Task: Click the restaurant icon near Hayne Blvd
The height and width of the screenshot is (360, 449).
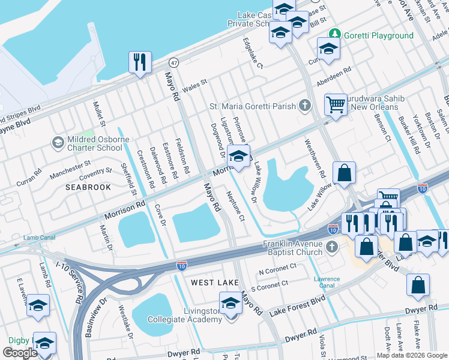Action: pos(139,62)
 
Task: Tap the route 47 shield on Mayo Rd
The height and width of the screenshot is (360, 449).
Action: pos(173,62)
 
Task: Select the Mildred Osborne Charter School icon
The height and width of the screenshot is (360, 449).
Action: pos(58,142)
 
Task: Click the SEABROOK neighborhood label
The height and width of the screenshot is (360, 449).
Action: pos(88,187)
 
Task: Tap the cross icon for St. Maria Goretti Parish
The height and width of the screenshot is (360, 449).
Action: pos(305,106)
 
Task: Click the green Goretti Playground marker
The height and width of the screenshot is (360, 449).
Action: pos(336,35)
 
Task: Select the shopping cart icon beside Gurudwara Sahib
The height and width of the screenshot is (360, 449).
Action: pos(336,104)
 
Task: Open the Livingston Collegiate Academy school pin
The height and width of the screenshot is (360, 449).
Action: pos(231,303)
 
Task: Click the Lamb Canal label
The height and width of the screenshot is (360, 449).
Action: pos(39,238)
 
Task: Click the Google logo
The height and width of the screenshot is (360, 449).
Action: pos(20,352)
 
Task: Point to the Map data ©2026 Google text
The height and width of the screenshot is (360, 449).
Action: pos(412,355)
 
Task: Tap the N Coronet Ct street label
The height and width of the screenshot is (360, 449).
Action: pos(277,269)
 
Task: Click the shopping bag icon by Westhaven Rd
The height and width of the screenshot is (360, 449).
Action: pos(345,173)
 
